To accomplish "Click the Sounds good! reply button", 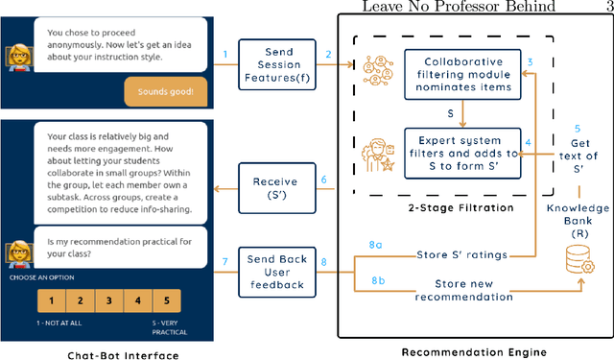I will coord(164,91).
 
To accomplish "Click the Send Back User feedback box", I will coord(275,272).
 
